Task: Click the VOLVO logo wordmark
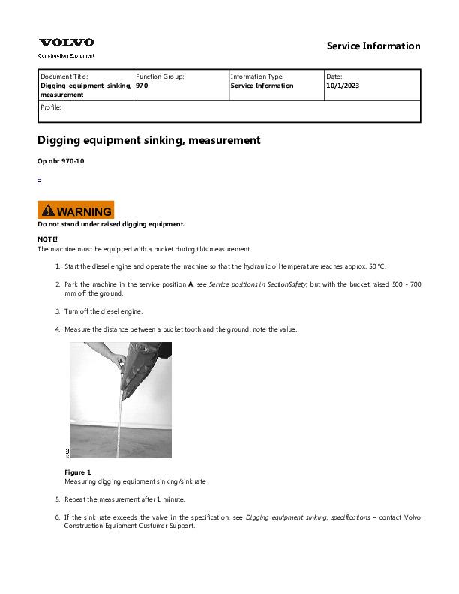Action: [x=67, y=43]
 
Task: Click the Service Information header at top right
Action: [x=373, y=46]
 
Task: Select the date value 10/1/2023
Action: [x=342, y=85]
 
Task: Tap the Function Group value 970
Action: [x=142, y=85]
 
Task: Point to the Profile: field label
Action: [x=51, y=107]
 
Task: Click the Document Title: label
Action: [x=64, y=76]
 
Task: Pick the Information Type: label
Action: [x=257, y=76]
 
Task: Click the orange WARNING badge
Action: [x=76, y=211]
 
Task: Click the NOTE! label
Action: [x=47, y=238]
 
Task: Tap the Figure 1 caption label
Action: [x=78, y=472]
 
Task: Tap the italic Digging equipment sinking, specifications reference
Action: [x=307, y=517]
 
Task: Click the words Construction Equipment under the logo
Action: [x=66, y=55]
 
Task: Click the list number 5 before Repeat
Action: [x=58, y=499]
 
